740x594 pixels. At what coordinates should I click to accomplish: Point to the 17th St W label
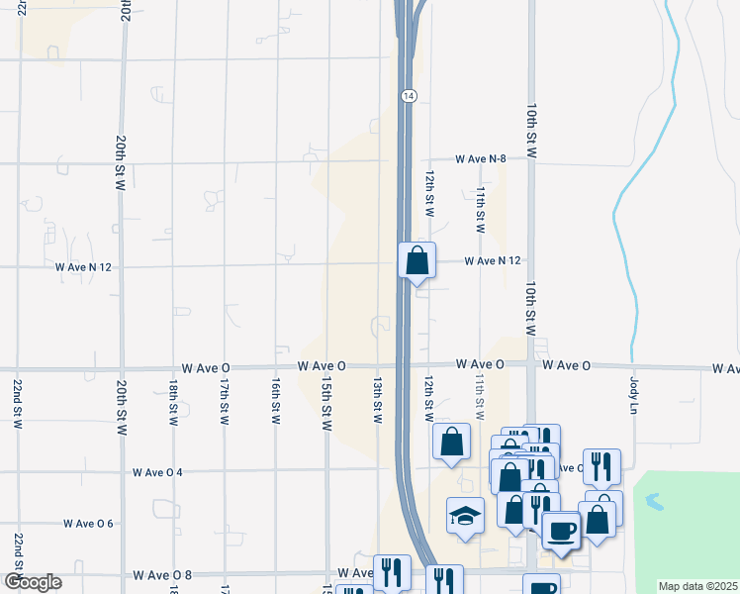(226, 400)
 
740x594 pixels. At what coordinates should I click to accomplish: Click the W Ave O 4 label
(158, 472)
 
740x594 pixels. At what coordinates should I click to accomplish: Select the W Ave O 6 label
(89, 523)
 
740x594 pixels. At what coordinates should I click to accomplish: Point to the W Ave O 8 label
(162, 574)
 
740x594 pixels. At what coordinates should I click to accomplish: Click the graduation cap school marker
(465, 517)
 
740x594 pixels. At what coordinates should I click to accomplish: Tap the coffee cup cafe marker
(560, 530)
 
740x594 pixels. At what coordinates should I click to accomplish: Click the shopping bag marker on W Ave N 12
(417, 261)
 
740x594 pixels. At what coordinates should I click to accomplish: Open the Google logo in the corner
(33, 582)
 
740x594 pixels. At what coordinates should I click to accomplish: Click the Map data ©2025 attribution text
(698, 586)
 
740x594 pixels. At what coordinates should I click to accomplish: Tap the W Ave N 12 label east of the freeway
(494, 260)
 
